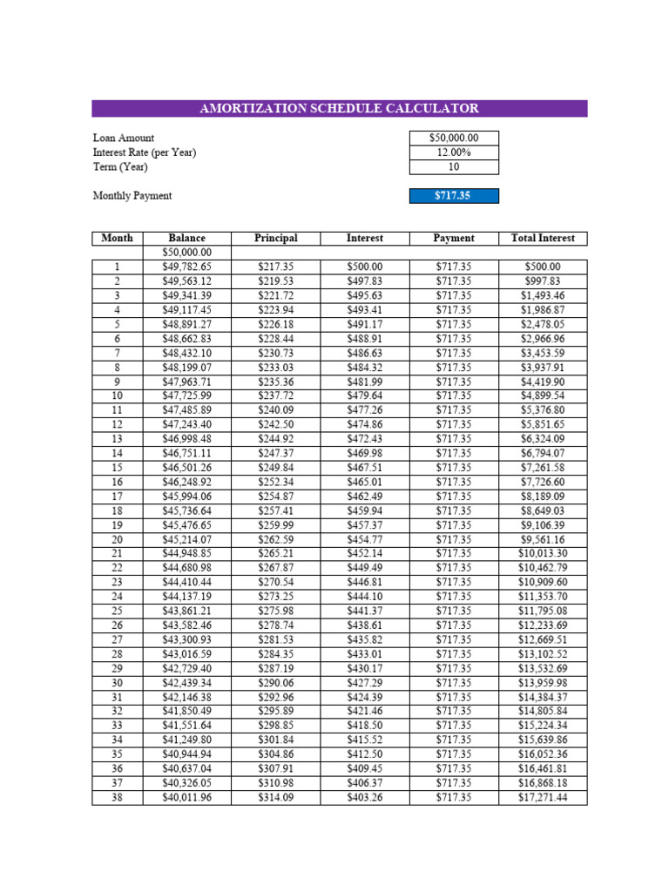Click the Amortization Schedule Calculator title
339,109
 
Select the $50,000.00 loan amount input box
454,138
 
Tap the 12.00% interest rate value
454,152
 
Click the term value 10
454,167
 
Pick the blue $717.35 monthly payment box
454,196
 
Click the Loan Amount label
124,138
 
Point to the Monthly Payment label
132,196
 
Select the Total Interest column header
543,238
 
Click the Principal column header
276,238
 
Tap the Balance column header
187,238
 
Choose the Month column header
118,238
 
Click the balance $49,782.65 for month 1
187,267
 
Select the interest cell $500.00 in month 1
364,267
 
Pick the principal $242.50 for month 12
276,424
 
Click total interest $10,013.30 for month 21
543,553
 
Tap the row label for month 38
118,797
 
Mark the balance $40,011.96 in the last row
187,797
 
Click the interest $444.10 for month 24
364,597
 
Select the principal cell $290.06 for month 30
276,683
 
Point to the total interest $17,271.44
543,797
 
